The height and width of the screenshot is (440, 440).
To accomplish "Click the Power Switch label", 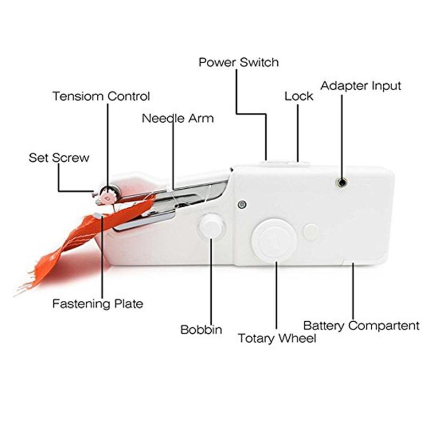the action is point(239,62).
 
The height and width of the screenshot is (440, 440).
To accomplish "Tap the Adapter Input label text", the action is point(361,86).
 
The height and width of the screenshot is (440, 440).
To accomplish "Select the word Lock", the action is point(299,96).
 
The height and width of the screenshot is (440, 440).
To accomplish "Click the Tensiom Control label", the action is point(101,96).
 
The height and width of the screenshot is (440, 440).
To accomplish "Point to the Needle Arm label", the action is point(178,118).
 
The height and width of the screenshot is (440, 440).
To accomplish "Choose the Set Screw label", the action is point(59,157).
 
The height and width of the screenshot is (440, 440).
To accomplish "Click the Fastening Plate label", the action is point(98,304).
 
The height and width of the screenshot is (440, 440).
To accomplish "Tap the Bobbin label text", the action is point(201,329).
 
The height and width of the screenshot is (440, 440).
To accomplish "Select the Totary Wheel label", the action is point(277,338).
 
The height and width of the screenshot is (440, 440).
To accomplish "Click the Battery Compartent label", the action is point(361,326).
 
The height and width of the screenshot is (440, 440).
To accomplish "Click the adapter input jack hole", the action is point(342,183).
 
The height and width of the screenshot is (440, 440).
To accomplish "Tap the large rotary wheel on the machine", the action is point(274,240).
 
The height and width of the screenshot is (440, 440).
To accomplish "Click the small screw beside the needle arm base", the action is point(242,204).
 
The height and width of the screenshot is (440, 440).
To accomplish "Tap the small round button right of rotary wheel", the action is point(311,232).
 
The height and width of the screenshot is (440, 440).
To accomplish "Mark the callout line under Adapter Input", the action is point(342,136).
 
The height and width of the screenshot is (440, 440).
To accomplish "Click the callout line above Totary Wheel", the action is point(277,295).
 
